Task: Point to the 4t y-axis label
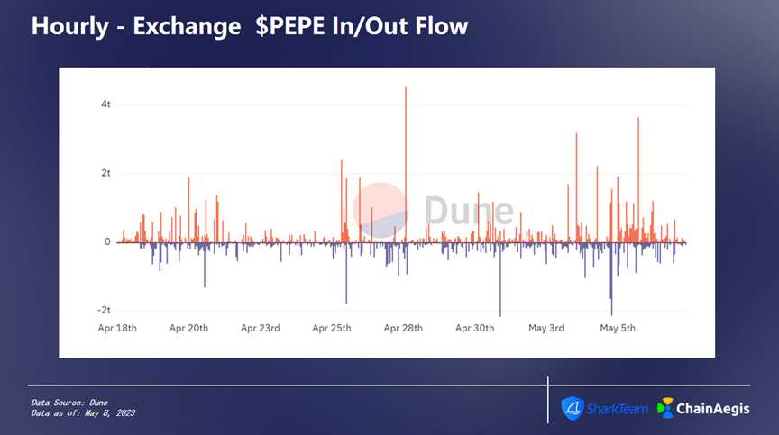click(105, 104)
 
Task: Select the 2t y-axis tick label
click(105, 173)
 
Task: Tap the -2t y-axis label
click(104, 310)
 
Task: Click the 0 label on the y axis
click(107, 241)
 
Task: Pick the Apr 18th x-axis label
click(117, 328)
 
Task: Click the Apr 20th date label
click(188, 328)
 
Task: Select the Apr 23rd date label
click(261, 328)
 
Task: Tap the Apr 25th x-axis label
click(332, 328)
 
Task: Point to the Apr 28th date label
click(403, 328)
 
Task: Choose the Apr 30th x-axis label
click(474, 328)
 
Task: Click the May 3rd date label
click(546, 328)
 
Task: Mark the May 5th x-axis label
click(618, 328)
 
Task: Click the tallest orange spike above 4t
click(406, 90)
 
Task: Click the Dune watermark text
click(468, 211)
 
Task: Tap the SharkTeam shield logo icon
click(573, 407)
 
